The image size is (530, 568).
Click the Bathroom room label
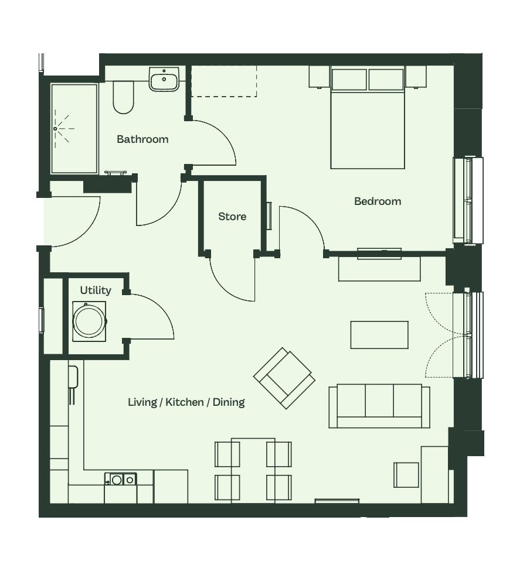tap(142, 139)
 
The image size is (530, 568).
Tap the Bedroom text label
tap(378, 201)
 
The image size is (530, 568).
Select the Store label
tap(232, 216)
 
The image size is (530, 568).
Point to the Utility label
tap(96, 290)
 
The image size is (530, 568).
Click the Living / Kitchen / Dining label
tap(186, 402)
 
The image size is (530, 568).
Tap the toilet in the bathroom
tap(123, 97)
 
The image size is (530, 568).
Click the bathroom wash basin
tap(164, 78)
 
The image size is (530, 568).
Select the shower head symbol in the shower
tap(55, 129)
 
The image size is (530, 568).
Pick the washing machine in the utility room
tap(89, 321)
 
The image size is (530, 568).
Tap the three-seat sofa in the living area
tap(379, 406)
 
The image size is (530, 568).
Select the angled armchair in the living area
tap(284, 378)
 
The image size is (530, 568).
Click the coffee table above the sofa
tap(379, 335)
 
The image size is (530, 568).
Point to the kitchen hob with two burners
tap(120, 480)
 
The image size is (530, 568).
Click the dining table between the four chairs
tap(253, 470)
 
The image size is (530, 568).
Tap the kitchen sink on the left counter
tap(73, 377)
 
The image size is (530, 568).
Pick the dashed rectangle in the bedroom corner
tap(224, 81)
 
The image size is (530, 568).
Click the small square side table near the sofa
tap(406, 474)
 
